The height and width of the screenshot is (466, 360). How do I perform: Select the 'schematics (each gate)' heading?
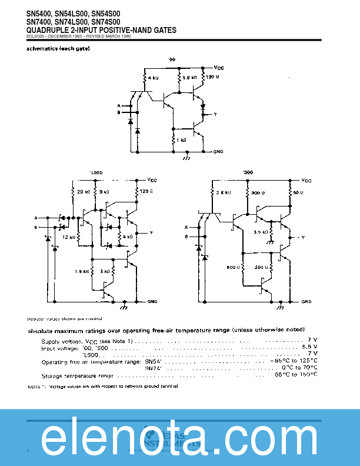pos(58,49)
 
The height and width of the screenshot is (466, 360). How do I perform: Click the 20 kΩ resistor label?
pos(84,192)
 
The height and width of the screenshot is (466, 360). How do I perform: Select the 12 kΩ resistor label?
pos(69,237)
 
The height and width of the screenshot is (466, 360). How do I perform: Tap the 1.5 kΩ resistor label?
pos(82,271)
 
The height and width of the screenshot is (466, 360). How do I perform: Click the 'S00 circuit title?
pos(249,172)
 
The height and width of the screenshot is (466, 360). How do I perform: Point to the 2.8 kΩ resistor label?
pos(222,192)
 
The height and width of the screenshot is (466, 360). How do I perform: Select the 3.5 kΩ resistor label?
pos(261,232)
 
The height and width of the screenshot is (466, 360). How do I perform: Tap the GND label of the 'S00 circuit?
pos(306,301)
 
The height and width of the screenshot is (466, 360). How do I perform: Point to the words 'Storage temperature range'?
pos(77,375)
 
